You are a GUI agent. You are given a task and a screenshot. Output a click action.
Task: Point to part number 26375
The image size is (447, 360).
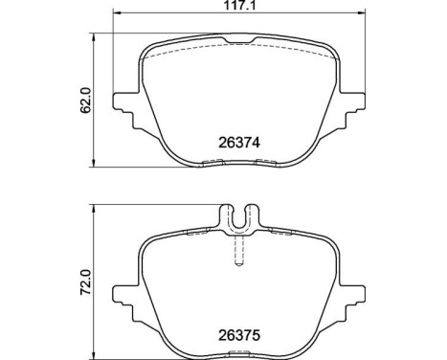[x=228, y=336]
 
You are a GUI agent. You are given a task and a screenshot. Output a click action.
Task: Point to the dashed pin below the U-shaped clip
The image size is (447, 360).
[x=236, y=252]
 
